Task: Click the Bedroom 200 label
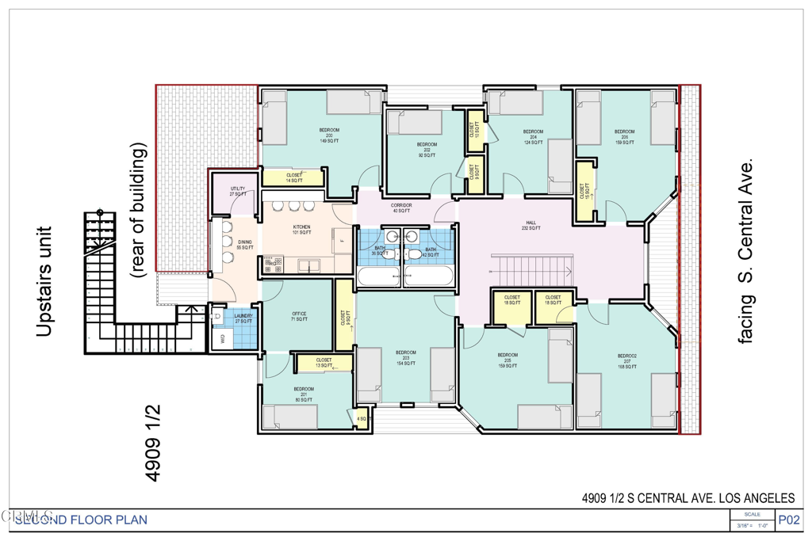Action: (329, 135)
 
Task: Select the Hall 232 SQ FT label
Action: (532, 225)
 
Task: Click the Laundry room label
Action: (243, 318)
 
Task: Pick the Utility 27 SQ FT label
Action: (237, 191)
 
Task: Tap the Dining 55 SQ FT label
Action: (245, 245)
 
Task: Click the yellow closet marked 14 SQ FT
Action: (293, 178)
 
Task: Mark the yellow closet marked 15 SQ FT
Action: (584, 191)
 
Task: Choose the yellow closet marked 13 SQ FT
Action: (324, 364)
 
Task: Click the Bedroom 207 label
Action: (627, 362)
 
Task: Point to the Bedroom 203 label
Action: (405, 357)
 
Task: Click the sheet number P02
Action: (790, 520)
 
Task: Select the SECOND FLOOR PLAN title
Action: (80, 520)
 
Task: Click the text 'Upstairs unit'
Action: (45, 280)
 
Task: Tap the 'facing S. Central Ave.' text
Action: (745, 250)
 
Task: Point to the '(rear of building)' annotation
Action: (139, 210)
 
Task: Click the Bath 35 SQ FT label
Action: (380, 251)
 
